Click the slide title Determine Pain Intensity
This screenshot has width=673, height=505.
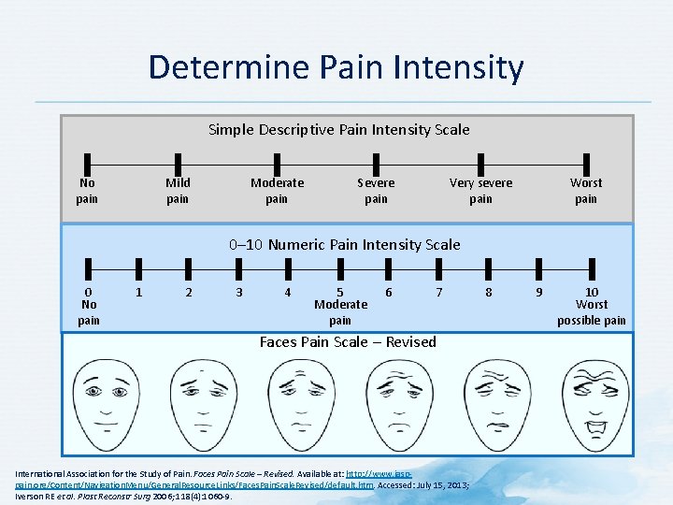[x=336, y=67]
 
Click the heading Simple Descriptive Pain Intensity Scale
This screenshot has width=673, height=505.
[x=338, y=129]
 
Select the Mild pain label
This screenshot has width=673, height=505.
[x=178, y=191]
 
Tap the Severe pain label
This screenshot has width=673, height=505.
[x=376, y=191]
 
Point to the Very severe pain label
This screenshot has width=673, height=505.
[x=480, y=191]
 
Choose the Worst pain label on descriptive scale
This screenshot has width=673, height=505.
[x=586, y=191]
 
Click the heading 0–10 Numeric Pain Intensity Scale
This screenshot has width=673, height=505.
[x=344, y=244]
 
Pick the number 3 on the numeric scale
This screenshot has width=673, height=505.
[x=239, y=292]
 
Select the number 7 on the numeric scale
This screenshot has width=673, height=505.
[x=439, y=292]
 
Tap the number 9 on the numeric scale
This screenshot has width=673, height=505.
[x=538, y=292]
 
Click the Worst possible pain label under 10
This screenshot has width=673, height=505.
[x=592, y=312]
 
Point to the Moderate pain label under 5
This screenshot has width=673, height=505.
[x=340, y=312]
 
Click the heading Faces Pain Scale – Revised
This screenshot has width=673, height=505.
[x=348, y=341]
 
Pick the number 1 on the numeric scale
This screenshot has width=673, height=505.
[x=138, y=292]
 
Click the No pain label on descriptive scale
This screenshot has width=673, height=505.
[x=87, y=191]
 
